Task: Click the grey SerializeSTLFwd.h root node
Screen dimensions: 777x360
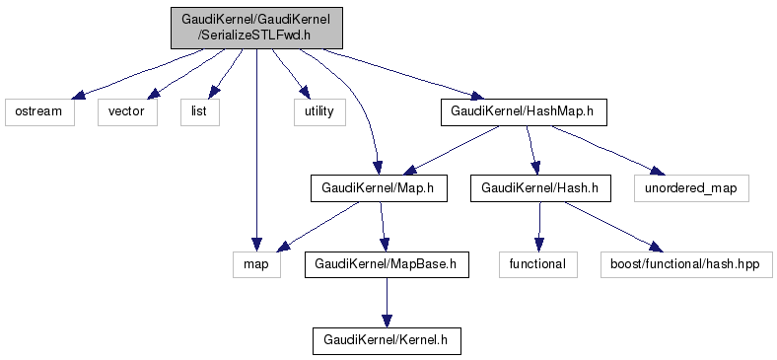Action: point(256,28)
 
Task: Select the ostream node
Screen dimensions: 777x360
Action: point(39,111)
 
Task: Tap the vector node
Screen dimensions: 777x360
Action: point(127,111)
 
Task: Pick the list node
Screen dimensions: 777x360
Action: point(200,111)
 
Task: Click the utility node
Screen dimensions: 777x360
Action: point(319,111)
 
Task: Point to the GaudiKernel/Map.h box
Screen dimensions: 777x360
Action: point(379,188)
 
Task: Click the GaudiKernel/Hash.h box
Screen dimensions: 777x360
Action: point(540,188)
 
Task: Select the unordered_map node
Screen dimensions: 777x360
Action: point(691,188)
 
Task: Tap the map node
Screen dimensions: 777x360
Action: point(256,264)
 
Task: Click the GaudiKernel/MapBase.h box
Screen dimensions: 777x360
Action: point(387,264)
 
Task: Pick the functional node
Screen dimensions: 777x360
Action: point(538,264)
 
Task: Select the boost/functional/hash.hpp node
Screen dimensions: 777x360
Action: point(687,264)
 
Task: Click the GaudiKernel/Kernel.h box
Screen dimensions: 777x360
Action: point(387,340)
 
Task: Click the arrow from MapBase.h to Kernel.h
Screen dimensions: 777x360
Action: point(387,303)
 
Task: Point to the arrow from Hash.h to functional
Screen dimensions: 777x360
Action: point(539,227)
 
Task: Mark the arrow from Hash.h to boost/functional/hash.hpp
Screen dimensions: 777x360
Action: point(612,227)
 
